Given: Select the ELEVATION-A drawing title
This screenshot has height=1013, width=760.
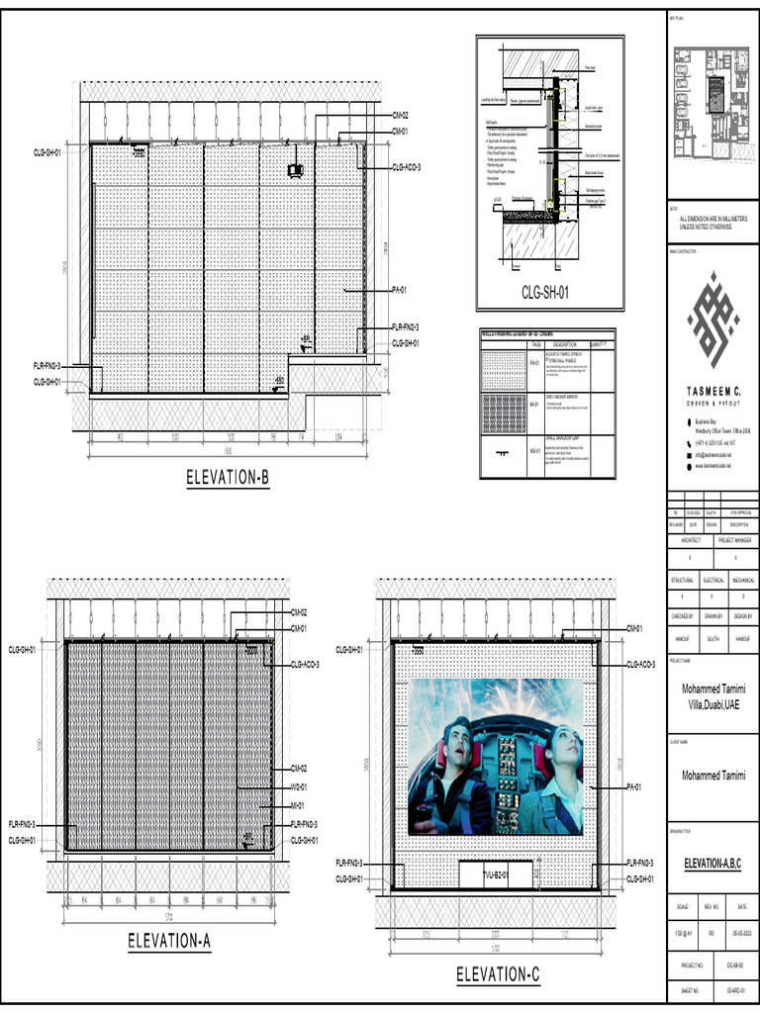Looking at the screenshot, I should [169, 942].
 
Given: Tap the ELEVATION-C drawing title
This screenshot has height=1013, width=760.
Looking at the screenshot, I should [498, 975].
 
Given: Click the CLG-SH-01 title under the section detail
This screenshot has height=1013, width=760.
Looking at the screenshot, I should [545, 292].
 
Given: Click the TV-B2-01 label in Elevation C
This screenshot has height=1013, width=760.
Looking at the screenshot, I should [495, 875].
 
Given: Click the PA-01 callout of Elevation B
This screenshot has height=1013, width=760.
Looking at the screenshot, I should [401, 290].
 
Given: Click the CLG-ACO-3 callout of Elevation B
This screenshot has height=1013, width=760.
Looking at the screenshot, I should [407, 167].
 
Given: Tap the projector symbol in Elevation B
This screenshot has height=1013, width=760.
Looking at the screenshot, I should [294, 171].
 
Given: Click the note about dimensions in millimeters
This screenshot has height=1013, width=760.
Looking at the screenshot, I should [712, 223].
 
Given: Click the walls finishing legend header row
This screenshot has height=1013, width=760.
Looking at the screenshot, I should [547, 335].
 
